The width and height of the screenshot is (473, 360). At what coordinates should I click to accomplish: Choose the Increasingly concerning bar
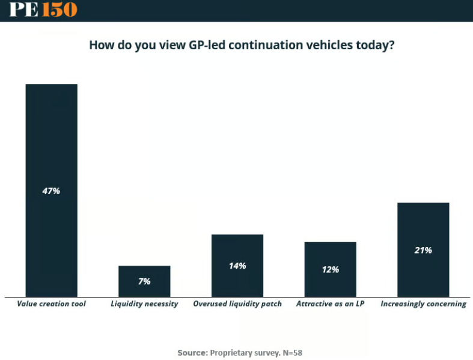coord(423,228)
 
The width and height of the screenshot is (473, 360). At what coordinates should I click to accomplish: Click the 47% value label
coord(51,191)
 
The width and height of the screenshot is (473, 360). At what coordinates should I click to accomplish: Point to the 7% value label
coord(144,281)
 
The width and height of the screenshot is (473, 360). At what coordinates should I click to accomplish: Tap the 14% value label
coord(237,266)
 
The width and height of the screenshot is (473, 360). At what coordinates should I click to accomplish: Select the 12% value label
coord(330,270)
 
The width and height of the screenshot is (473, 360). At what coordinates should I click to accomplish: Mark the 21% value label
coord(423,250)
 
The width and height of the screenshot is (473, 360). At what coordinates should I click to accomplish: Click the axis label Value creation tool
coord(51,304)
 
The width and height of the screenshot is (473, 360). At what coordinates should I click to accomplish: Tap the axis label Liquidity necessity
coord(144,304)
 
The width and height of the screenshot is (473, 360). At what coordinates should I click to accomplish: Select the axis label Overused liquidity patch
coord(237,304)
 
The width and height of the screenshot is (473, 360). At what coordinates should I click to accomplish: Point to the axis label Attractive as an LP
coord(330,304)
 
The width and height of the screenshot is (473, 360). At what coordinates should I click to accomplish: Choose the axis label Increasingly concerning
coord(423,304)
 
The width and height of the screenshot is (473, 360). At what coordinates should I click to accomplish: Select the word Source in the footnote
coord(192,352)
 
